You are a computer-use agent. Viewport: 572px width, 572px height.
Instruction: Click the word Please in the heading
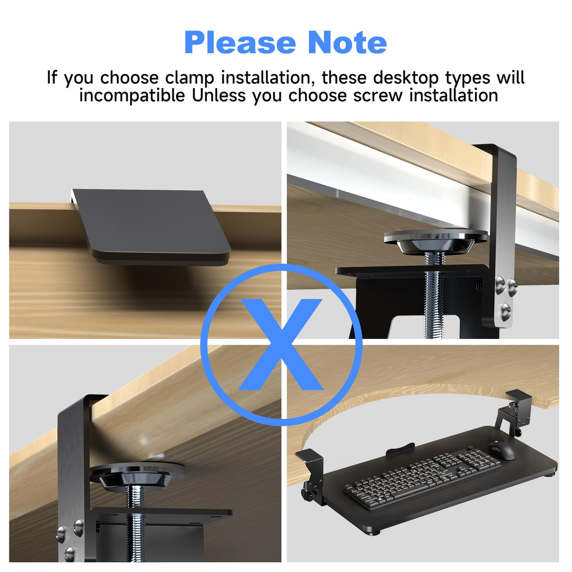coord(240,43)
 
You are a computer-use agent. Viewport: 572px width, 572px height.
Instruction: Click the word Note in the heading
coord(347,43)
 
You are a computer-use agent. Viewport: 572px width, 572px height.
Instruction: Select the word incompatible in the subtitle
coord(132,96)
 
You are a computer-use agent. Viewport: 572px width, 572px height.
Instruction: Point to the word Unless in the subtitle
coord(219,96)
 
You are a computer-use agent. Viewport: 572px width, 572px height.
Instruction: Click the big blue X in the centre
coord(281,345)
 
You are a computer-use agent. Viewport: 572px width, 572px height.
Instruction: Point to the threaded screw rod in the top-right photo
coord(433,297)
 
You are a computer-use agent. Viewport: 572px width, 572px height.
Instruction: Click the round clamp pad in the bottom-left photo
coord(137,474)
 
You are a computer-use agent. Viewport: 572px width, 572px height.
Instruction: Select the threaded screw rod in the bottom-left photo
coord(136,523)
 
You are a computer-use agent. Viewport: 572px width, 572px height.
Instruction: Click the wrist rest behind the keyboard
coord(400,450)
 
